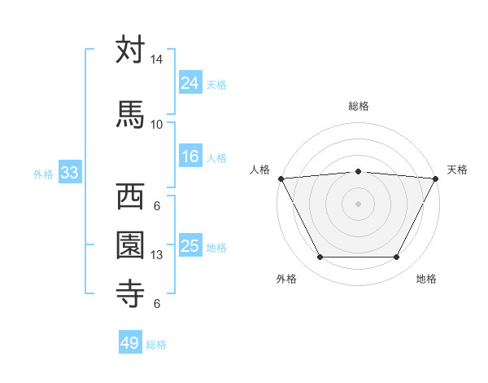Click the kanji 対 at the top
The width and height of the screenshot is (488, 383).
coord(130,51)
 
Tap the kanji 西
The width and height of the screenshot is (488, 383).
coord(130,196)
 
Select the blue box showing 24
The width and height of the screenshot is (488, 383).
coord(190,82)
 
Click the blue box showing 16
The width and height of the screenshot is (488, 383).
coord(190,156)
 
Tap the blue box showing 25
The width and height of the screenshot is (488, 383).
coord(190,246)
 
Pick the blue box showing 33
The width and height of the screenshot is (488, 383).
coord(68,173)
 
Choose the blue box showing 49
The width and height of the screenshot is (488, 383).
coord(130,343)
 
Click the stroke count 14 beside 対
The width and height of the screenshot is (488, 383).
coord(156,59)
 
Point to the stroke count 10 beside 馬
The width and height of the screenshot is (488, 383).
coord(156,124)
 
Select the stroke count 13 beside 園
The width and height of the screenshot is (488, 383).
coord(156,255)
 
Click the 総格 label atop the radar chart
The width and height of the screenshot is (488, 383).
coord(359,106)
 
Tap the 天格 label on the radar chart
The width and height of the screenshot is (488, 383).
coord(458,169)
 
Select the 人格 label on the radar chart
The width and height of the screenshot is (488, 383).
coord(260,169)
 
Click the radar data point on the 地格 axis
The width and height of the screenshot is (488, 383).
coord(397,258)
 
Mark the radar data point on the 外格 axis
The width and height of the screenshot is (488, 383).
coord(320,258)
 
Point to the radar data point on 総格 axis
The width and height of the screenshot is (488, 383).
coord(359,171)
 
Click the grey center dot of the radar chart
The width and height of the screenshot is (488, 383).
coord(359,204)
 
